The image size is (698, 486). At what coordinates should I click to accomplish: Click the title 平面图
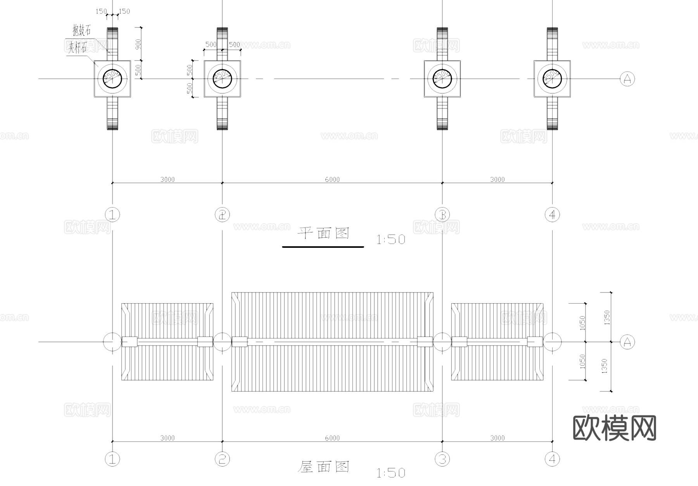click(x=323, y=233)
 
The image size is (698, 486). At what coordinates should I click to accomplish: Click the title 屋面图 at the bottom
click(x=323, y=467)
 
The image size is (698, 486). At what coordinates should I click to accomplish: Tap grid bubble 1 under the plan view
click(x=112, y=214)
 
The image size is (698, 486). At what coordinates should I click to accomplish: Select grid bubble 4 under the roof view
click(x=552, y=459)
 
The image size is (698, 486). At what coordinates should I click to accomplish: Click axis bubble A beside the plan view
click(x=627, y=79)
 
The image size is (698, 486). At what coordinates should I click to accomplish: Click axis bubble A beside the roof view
click(x=627, y=342)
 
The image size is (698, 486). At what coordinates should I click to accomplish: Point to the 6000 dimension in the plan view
click(x=332, y=179)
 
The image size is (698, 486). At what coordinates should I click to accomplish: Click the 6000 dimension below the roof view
click(x=332, y=438)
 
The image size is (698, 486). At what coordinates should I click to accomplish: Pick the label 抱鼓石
click(x=81, y=30)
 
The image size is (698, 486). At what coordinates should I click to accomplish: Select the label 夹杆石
click(x=78, y=48)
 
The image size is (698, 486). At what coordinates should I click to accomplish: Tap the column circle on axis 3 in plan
click(x=442, y=79)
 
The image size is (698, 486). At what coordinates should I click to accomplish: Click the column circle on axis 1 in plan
click(x=112, y=79)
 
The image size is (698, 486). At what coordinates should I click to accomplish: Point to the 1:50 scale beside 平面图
click(x=390, y=240)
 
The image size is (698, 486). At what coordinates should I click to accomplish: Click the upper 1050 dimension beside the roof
click(x=582, y=323)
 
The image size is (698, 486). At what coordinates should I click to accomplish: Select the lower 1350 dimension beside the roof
click(x=604, y=366)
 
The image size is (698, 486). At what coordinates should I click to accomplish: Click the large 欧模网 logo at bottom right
click(x=614, y=428)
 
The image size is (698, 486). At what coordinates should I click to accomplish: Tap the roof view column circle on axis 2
click(x=222, y=342)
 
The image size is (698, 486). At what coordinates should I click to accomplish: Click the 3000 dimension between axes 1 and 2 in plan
click(x=167, y=179)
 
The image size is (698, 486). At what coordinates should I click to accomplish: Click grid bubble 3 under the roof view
click(x=442, y=459)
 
